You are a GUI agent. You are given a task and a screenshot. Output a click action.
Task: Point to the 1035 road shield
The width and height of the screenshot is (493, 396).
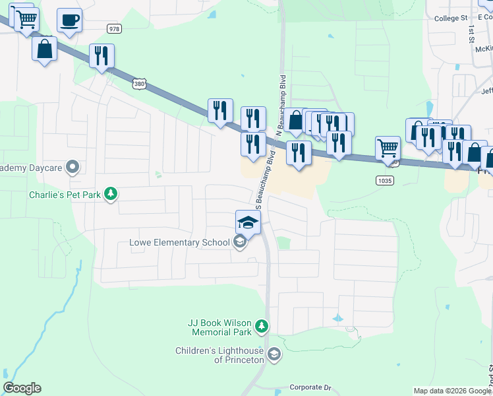(x=385, y=180)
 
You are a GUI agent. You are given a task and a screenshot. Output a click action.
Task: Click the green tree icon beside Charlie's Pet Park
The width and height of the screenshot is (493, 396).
(x=112, y=193)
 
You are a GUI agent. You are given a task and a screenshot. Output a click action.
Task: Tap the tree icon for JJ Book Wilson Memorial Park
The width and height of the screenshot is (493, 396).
(x=262, y=325)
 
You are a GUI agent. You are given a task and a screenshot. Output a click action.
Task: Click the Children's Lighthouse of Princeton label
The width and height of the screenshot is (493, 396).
(x=220, y=355)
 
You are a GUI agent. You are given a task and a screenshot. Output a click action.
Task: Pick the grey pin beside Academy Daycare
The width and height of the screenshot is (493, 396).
(x=73, y=168)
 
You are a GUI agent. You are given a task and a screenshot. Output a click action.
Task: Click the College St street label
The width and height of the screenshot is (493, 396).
(x=450, y=18)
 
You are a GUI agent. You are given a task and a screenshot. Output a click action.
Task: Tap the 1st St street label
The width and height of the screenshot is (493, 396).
(x=472, y=34)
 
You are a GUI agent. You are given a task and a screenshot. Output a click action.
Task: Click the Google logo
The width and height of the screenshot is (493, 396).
(x=22, y=388)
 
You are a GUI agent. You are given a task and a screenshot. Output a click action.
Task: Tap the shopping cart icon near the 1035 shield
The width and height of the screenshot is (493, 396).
(x=387, y=148)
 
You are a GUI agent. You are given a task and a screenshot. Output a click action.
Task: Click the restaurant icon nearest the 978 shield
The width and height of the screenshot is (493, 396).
(x=101, y=55)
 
